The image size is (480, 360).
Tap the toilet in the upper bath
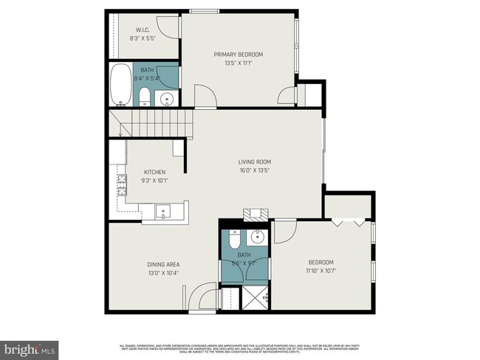coord(145,97)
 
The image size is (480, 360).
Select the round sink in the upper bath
coord(168,98)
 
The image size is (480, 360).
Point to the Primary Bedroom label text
coord(238,54)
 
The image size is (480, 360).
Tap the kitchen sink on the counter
coord(164,212)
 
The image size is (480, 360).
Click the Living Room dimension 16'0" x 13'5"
coord(255,170)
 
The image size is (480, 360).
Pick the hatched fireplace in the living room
coord(256,214)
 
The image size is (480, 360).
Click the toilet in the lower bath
coord(233,240)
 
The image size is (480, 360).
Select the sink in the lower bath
coord(258,237)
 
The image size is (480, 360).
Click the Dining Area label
coord(164,263)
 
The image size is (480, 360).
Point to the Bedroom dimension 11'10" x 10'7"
coord(320,270)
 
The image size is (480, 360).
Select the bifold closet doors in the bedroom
coord(348,221)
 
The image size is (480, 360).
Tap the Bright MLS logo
coord(29,347)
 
